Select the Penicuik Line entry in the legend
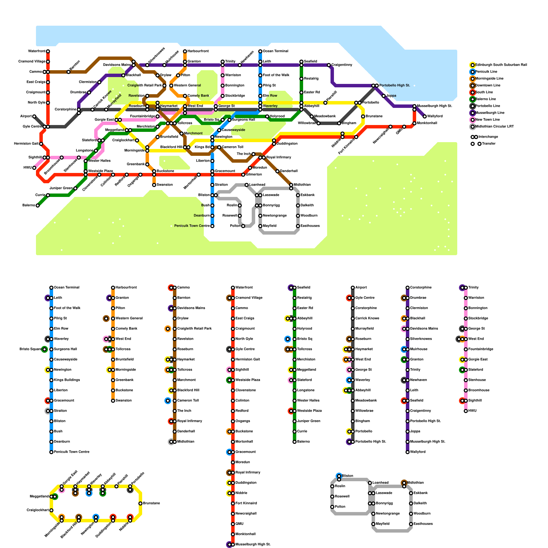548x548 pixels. click(486, 72)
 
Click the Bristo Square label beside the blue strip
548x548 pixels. click(30, 349)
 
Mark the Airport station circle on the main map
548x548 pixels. click(34, 116)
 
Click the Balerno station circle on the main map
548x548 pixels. click(38, 206)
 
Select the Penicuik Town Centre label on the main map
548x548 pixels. click(192, 226)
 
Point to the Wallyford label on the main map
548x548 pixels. click(435, 116)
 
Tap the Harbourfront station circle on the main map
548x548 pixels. click(185, 51)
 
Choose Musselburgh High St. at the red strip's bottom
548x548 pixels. click(253, 544)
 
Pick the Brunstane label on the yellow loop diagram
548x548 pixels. click(151, 503)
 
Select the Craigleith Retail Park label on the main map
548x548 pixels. click(145, 85)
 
